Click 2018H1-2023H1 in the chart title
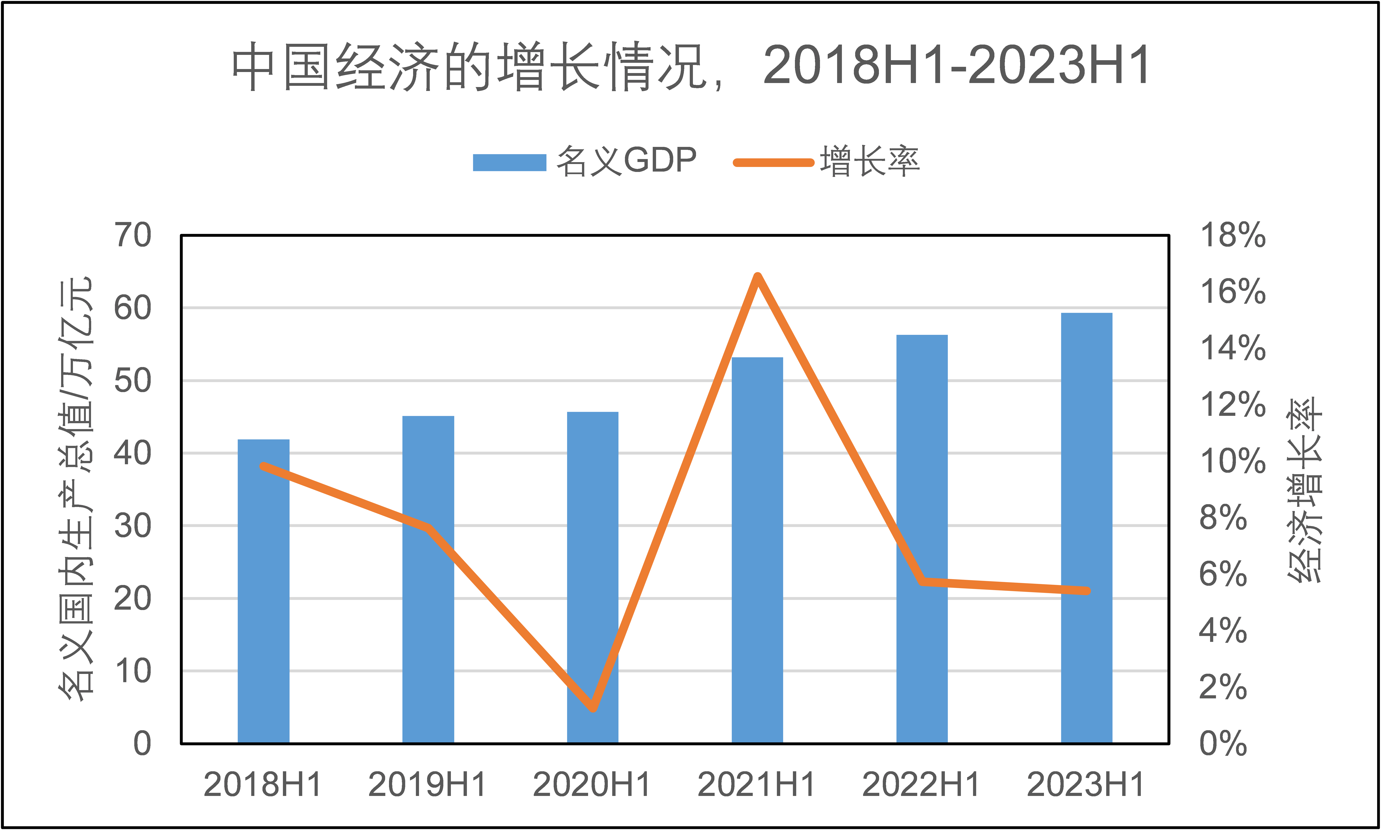click(956, 66)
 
